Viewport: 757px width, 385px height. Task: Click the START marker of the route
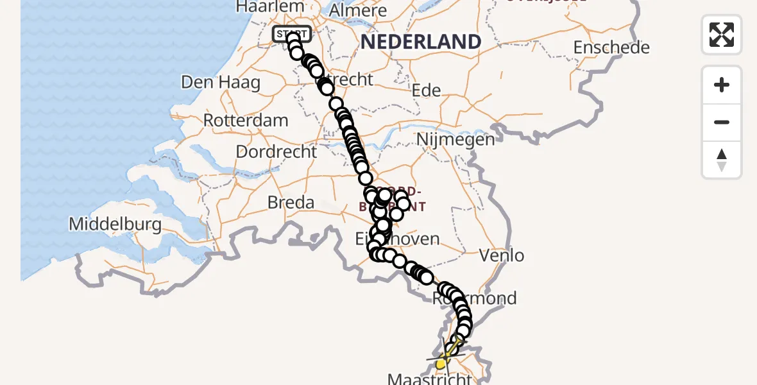point(292,33)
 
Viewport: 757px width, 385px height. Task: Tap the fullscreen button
point(722,35)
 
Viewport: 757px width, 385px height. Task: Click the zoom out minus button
point(722,122)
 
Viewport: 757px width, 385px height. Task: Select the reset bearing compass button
point(722,160)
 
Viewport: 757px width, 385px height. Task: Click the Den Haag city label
point(221,82)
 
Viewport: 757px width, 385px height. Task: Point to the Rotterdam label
point(246,121)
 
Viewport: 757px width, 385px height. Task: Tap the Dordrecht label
point(276,152)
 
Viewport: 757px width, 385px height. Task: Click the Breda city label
point(291,203)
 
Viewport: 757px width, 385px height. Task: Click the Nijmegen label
point(455,139)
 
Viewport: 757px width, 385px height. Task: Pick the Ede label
point(427,90)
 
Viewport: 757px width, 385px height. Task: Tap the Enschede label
point(611,47)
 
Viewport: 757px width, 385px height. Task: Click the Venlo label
point(502,255)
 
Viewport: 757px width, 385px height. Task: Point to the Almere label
point(357,11)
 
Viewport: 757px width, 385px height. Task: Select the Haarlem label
point(269,7)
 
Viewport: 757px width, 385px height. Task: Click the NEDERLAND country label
point(421,42)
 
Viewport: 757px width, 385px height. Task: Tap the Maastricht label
point(429,379)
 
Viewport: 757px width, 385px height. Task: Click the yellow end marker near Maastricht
point(441,364)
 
